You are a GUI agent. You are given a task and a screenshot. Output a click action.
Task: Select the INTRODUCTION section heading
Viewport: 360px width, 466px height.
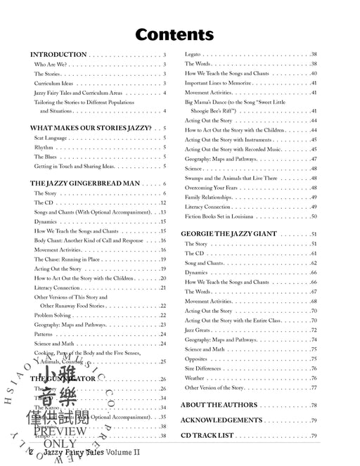58,54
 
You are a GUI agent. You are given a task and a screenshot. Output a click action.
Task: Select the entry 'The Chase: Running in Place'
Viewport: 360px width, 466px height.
70,259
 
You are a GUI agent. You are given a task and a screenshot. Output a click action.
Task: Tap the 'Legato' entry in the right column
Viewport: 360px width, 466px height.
195,54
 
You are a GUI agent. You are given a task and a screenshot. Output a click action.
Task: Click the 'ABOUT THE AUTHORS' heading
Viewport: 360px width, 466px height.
219,405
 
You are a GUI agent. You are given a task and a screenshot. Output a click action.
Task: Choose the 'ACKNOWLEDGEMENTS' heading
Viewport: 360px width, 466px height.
221,420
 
